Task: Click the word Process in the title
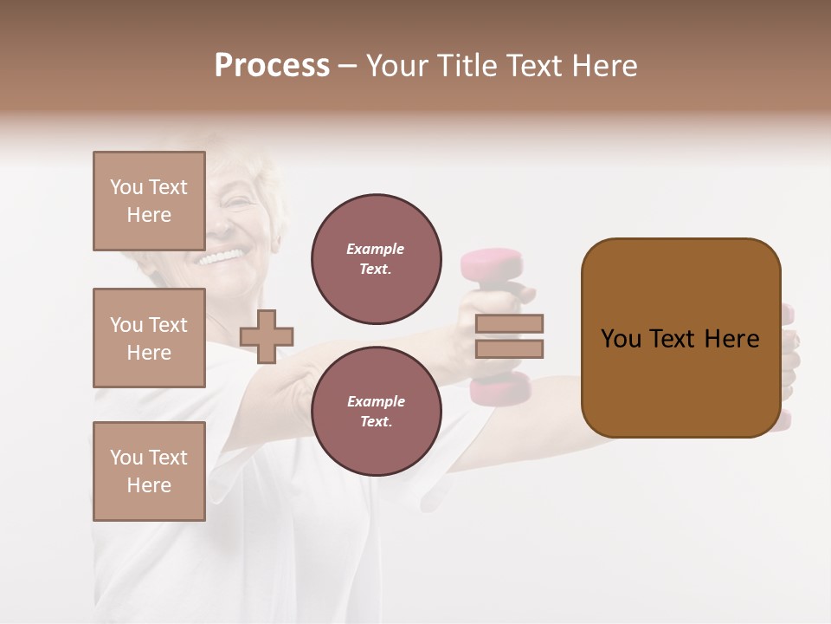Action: click(x=272, y=66)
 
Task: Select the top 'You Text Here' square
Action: click(x=149, y=201)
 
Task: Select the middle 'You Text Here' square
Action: click(x=149, y=338)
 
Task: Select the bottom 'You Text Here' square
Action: click(x=149, y=471)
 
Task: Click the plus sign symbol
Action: click(x=267, y=336)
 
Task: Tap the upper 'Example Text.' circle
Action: click(x=376, y=259)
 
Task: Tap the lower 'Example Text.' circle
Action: click(x=376, y=412)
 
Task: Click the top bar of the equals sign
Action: click(x=509, y=324)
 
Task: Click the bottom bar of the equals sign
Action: click(x=509, y=348)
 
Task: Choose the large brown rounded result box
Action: click(x=680, y=338)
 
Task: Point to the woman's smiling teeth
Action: click(x=222, y=257)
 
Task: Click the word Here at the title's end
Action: click(x=606, y=66)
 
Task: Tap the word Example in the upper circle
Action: click(x=375, y=249)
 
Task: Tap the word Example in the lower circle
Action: click(x=375, y=401)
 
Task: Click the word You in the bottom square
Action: click(x=126, y=458)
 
